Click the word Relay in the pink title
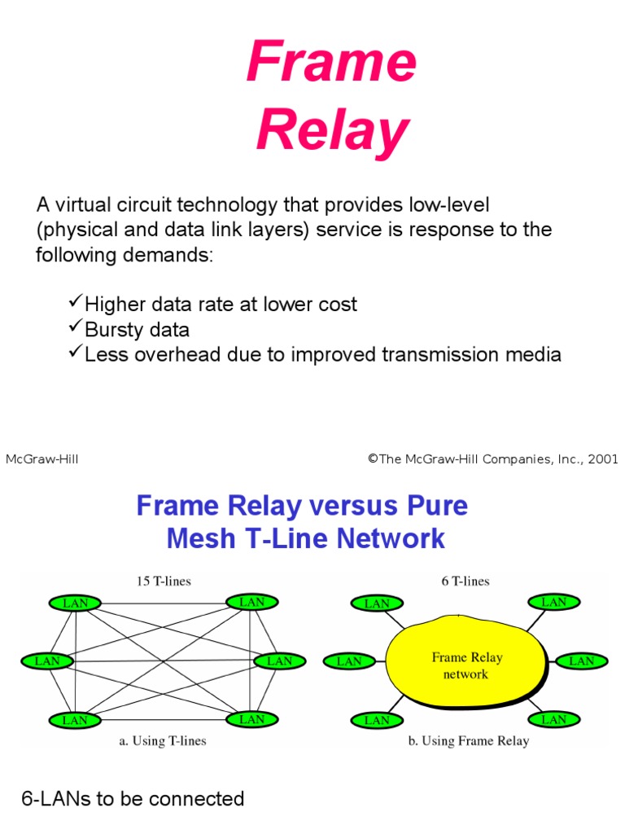(x=333, y=131)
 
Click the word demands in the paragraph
(x=168, y=255)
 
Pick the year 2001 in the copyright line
(x=603, y=459)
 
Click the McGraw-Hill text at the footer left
(x=42, y=459)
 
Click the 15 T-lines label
(x=164, y=581)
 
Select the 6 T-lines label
(x=465, y=581)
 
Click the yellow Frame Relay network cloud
(x=466, y=661)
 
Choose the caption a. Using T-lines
(x=163, y=741)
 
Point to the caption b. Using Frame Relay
(x=469, y=741)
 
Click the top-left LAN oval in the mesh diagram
(x=75, y=604)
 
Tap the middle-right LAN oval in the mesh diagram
(x=280, y=661)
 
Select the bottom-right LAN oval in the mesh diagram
(x=252, y=720)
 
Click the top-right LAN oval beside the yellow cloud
(x=553, y=602)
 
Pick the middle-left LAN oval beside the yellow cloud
(x=349, y=661)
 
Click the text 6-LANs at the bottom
(x=56, y=799)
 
